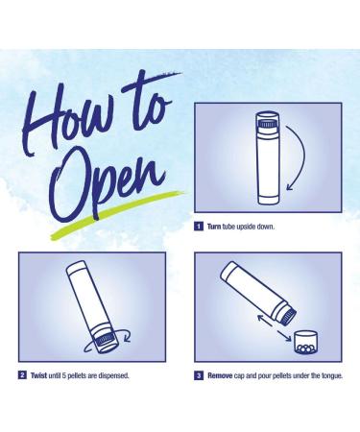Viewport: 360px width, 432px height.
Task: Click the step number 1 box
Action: pyautogui.click(x=199, y=227)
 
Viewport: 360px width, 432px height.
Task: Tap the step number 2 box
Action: pyautogui.click(x=22, y=375)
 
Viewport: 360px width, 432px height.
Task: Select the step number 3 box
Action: pyautogui.click(x=199, y=375)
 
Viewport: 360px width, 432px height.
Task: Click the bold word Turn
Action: pyautogui.click(x=214, y=227)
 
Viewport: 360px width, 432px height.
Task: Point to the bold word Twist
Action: pyautogui.click(x=38, y=375)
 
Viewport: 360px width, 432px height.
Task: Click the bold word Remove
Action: pyautogui.click(x=220, y=375)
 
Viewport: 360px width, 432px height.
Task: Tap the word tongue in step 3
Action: pyautogui.click(x=331, y=375)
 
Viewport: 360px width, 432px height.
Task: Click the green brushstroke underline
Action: pyautogui.click(x=117, y=214)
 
